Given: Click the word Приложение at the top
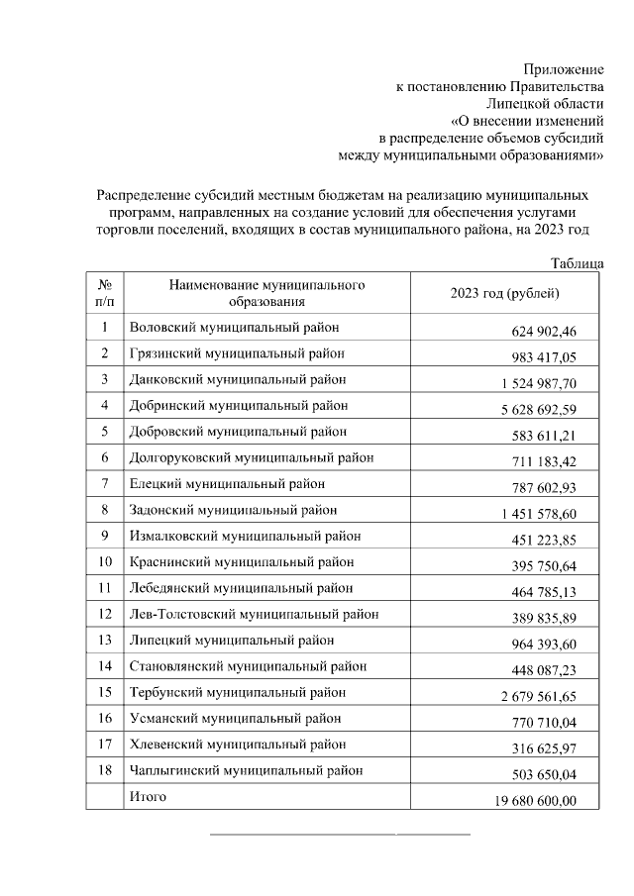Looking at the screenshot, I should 563,69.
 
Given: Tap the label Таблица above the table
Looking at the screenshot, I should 577,263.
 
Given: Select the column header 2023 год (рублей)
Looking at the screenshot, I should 505,293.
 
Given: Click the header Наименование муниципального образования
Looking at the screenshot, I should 266,293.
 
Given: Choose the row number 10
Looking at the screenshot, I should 104,562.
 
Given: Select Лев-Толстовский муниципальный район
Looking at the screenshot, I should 254,615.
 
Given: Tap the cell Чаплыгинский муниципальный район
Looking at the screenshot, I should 246,769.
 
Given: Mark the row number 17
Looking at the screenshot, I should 104,744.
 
